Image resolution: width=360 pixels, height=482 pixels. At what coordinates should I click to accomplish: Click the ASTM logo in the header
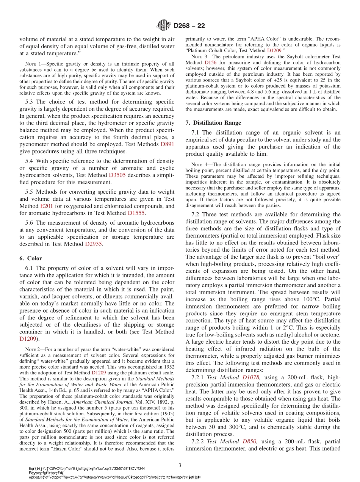click(164, 26)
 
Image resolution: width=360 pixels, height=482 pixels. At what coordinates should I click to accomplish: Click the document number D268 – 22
click(189, 26)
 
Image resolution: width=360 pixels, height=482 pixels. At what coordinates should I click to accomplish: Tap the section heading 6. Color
click(31, 258)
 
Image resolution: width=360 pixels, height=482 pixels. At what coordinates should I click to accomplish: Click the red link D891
click(167, 144)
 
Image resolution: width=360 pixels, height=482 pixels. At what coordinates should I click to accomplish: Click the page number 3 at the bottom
click(180, 465)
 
